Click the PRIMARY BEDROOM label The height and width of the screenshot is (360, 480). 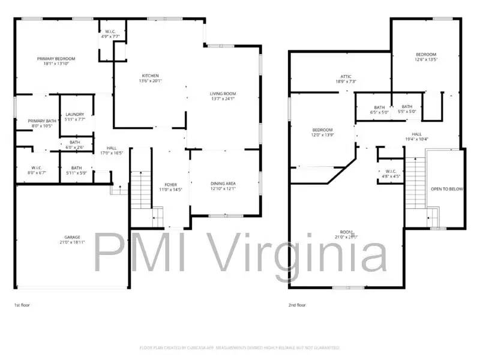[x=60, y=59]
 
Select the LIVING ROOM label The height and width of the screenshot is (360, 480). [x=223, y=94]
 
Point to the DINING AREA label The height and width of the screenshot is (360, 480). [x=223, y=184]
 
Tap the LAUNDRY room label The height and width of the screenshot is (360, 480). [x=75, y=114]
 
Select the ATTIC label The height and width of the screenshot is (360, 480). [x=346, y=76]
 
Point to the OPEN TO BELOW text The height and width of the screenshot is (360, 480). [x=447, y=189]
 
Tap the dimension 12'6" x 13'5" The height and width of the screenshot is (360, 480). [x=427, y=59]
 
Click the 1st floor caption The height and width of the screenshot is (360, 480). [x=22, y=305]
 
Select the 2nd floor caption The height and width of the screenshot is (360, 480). [x=297, y=305]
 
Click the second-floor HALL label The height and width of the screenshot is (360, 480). [x=416, y=134]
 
